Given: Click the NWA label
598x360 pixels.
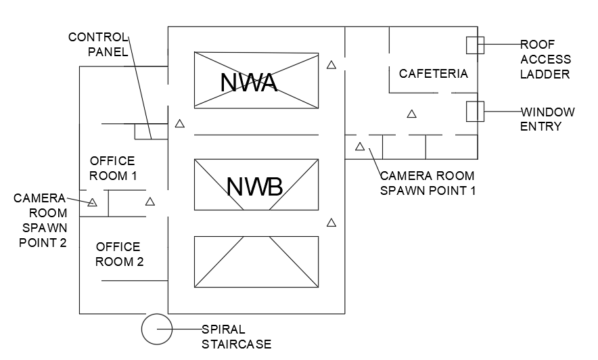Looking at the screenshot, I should [x=249, y=82].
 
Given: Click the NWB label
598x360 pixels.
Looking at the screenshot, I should [x=254, y=186].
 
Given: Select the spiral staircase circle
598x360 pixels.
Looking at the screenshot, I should [x=157, y=330].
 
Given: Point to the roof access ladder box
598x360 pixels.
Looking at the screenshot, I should [x=475, y=45].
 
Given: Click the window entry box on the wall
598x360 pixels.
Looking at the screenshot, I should [x=475, y=111].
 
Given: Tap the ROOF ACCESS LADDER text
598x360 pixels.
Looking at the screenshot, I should [x=545, y=59].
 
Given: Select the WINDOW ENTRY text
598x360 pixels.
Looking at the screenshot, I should [x=547, y=118].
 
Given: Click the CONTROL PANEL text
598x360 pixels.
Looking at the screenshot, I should [x=98, y=44].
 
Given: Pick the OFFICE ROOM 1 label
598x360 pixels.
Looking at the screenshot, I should [x=112, y=168].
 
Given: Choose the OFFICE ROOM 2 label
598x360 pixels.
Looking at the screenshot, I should [x=119, y=254].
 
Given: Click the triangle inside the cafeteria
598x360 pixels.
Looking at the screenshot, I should [x=411, y=114].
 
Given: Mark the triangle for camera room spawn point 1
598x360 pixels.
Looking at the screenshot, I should [x=360, y=146].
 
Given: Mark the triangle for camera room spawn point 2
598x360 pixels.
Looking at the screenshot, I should [x=92, y=202].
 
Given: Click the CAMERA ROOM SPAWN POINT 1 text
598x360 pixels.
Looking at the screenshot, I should [x=428, y=183].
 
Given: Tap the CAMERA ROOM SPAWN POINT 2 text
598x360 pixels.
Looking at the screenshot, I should [x=41, y=220].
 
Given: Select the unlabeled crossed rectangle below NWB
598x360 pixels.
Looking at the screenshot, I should [x=256, y=261].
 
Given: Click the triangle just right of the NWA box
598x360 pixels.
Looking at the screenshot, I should [x=331, y=65].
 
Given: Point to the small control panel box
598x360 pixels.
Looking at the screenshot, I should [x=142, y=131].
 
